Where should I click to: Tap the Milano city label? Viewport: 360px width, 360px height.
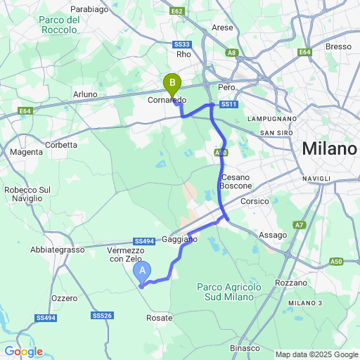[329, 150]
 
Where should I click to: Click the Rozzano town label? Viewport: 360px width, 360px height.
[292, 282]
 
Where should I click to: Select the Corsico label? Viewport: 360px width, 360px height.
[255, 201]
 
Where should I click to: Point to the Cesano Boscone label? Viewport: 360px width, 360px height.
[236, 181]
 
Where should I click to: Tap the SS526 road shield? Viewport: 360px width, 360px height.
[103, 316]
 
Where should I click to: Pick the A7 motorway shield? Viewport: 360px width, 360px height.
[300, 225]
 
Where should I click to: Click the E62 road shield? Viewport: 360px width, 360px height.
[177, 12]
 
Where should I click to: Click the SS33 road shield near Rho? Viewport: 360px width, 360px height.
[181, 44]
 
